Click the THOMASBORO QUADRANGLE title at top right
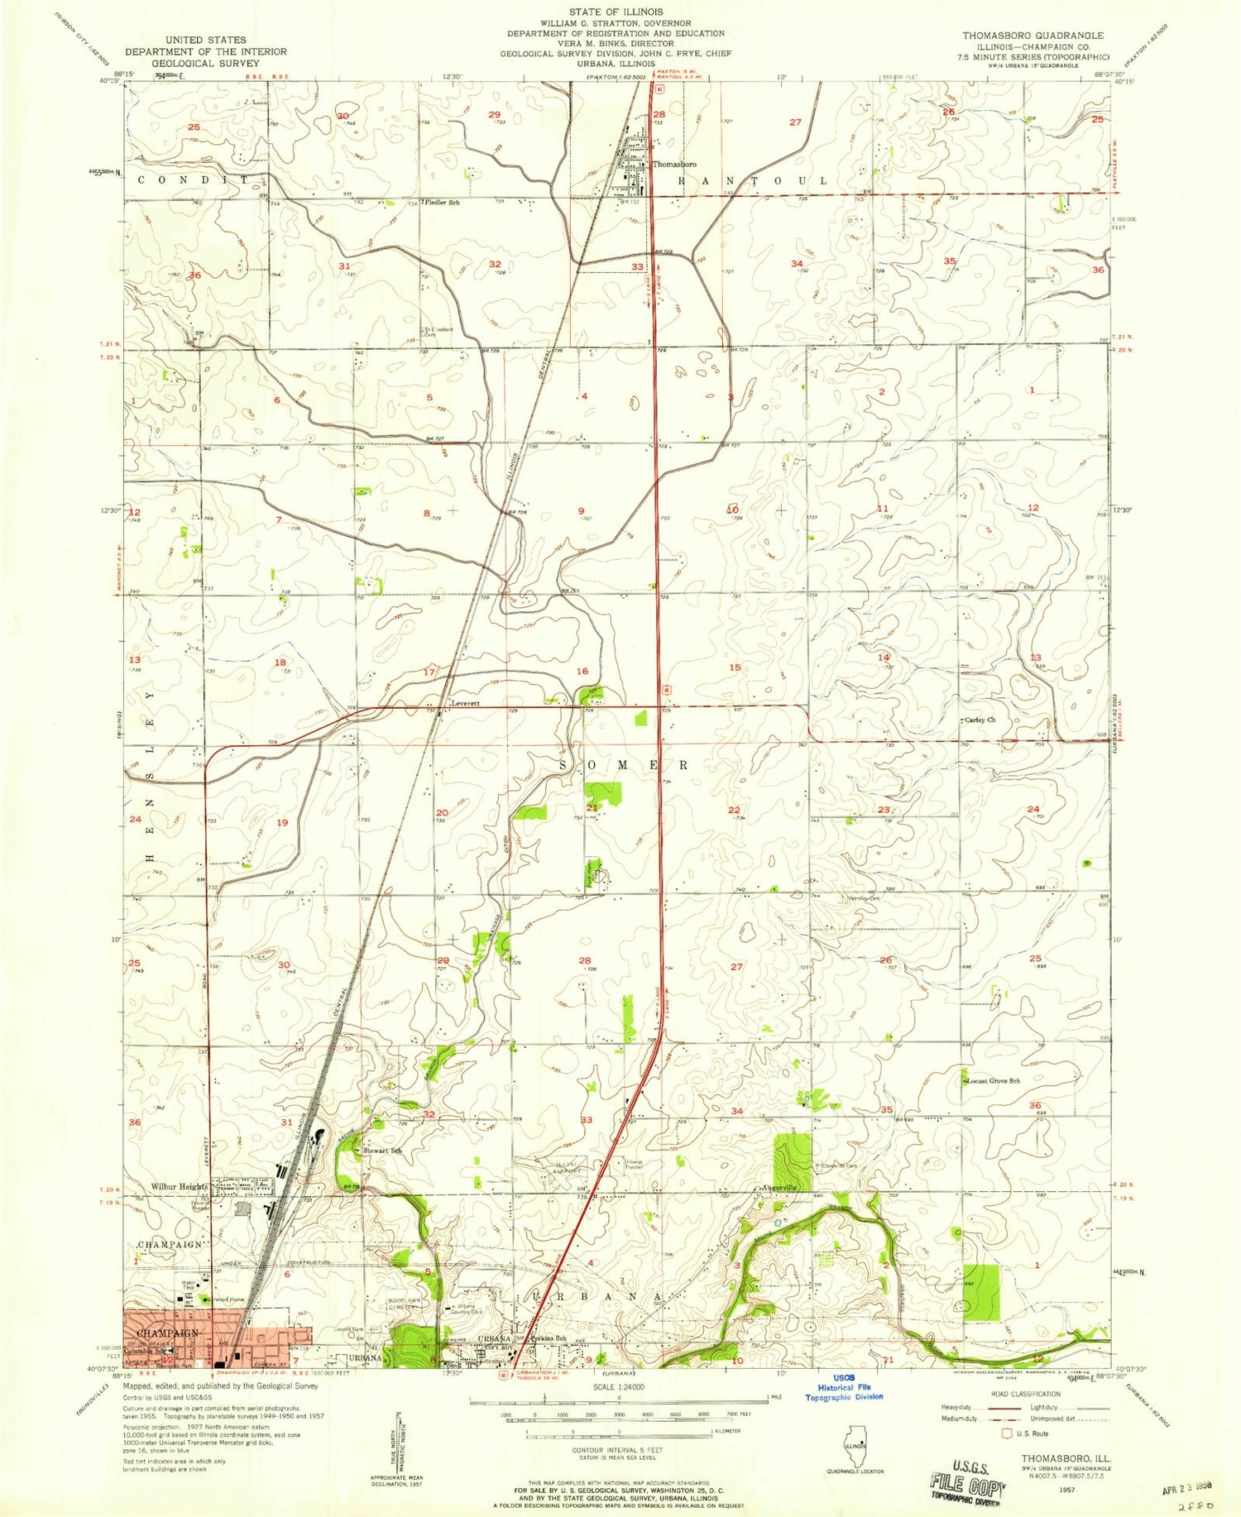coord(1032,36)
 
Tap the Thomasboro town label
coord(673,165)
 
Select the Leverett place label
coord(465,704)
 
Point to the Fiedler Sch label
coord(442,202)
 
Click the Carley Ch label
coord(980,720)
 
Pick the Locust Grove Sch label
coord(993,1080)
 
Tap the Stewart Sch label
coord(382,1151)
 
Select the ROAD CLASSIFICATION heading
coord(1025,1394)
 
